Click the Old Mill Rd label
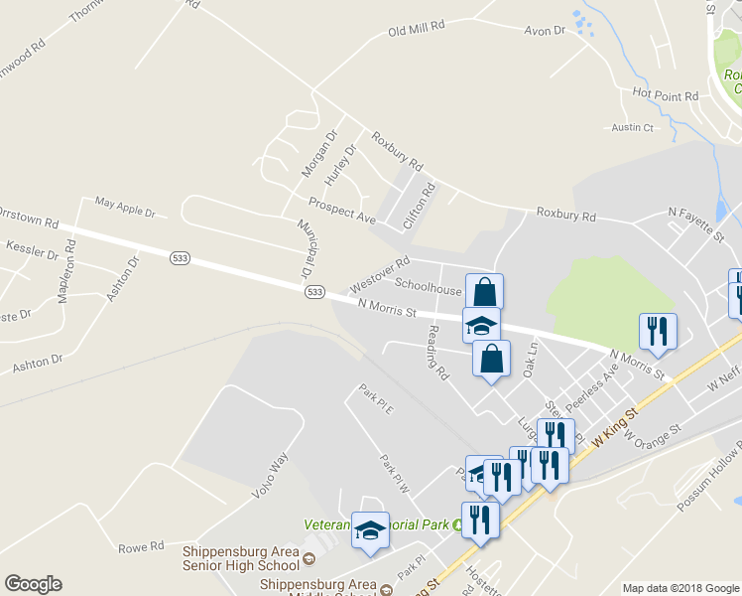point(416,31)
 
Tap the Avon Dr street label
point(545,31)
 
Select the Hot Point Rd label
point(666,95)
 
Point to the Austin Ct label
point(633,127)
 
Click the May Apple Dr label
point(125,207)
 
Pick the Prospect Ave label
point(341,210)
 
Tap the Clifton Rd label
point(421,206)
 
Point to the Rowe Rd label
point(141,547)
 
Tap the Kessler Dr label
point(32,248)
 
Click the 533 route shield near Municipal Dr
point(314,291)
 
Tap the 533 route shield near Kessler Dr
point(180,257)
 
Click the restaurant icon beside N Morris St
point(659,331)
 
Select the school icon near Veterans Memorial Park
point(371,530)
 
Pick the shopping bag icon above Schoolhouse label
point(484,292)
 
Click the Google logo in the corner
point(33,584)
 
